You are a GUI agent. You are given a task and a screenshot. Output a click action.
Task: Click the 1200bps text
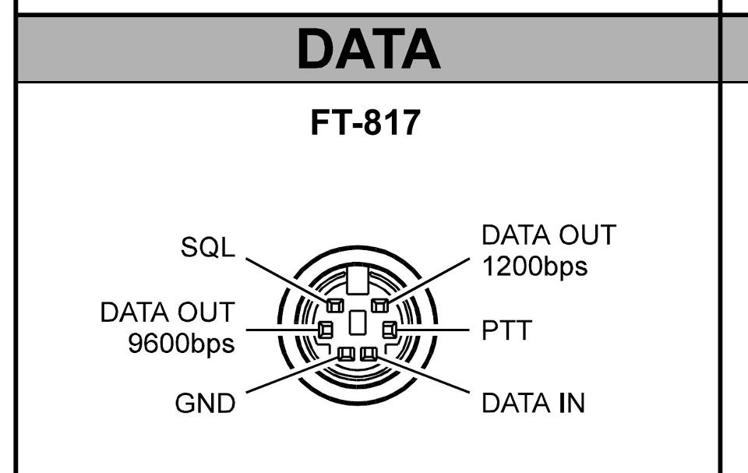(535, 267)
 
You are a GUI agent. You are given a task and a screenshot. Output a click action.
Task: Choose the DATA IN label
(533, 404)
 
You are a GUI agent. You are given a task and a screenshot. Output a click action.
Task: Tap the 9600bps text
(181, 344)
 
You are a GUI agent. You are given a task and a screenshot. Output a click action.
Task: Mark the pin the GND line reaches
(346, 354)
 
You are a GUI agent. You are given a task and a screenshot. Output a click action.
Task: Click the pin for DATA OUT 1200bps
(380, 304)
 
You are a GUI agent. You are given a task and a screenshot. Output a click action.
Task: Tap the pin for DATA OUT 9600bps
(325, 330)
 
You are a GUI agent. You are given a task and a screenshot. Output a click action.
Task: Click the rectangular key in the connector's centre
(357, 323)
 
